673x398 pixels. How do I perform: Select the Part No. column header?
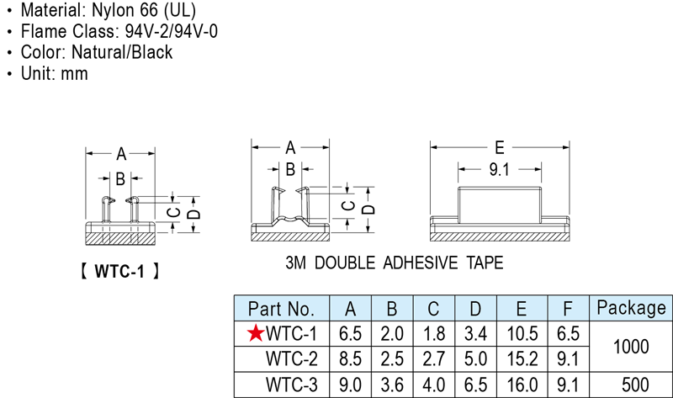pos(281,308)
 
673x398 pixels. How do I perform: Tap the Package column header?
pos(630,308)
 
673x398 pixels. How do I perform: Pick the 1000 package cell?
pos(630,347)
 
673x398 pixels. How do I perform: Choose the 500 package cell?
pos(630,385)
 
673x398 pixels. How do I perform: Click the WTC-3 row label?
pos(291,385)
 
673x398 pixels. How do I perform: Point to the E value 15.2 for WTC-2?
pos(522,359)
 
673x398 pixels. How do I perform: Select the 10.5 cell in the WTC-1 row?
pos(522,334)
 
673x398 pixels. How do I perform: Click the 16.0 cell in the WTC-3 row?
pos(522,385)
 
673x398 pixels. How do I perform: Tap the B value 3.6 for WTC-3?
pos(392,385)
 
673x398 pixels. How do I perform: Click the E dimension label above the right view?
pos(501,145)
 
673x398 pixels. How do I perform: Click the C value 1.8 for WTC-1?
pos(435,334)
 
